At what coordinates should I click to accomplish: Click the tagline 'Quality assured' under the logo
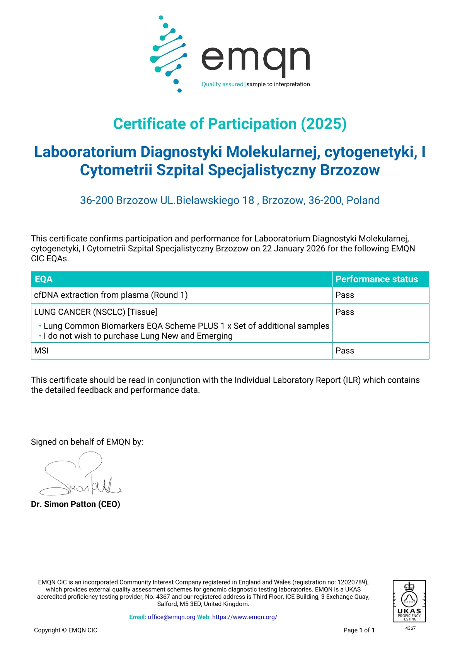(x=222, y=84)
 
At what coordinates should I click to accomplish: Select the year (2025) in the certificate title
(x=324, y=124)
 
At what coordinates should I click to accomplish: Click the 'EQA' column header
(x=44, y=279)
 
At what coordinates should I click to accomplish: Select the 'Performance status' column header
(x=377, y=279)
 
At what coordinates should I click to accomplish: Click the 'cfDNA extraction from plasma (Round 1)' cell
(x=111, y=295)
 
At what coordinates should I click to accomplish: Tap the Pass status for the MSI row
(x=345, y=351)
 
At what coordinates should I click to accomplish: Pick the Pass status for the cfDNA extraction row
(x=345, y=295)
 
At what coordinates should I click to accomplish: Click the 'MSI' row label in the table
(x=41, y=351)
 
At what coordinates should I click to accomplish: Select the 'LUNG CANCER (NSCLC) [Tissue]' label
(x=95, y=312)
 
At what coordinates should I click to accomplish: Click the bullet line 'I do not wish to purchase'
(x=138, y=336)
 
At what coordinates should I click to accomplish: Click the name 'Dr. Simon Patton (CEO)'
(x=75, y=504)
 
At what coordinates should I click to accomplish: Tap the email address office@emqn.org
(x=171, y=617)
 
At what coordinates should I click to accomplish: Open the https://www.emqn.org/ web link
(x=245, y=617)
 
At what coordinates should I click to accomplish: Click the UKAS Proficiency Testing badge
(x=409, y=601)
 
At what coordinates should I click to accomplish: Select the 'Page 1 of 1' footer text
(x=359, y=630)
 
